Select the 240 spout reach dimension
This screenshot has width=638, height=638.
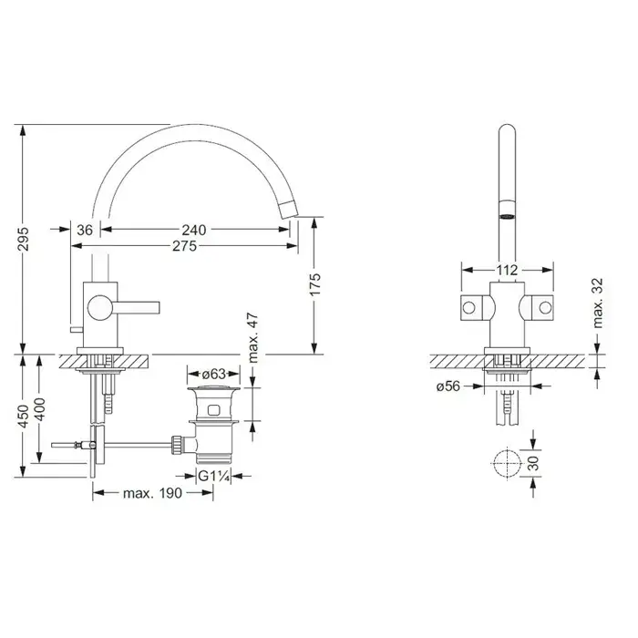tap(193, 230)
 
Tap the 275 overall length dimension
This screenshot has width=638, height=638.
tap(184, 246)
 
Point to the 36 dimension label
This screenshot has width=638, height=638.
tap(85, 230)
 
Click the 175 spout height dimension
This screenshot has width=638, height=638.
tap(315, 284)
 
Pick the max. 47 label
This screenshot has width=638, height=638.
tap(253, 337)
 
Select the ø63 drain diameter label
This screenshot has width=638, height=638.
tap(213, 373)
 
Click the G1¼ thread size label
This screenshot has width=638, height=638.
tap(214, 476)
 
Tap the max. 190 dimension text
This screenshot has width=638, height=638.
tap(152, 493)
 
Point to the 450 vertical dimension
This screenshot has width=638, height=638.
tap(24, 416)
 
